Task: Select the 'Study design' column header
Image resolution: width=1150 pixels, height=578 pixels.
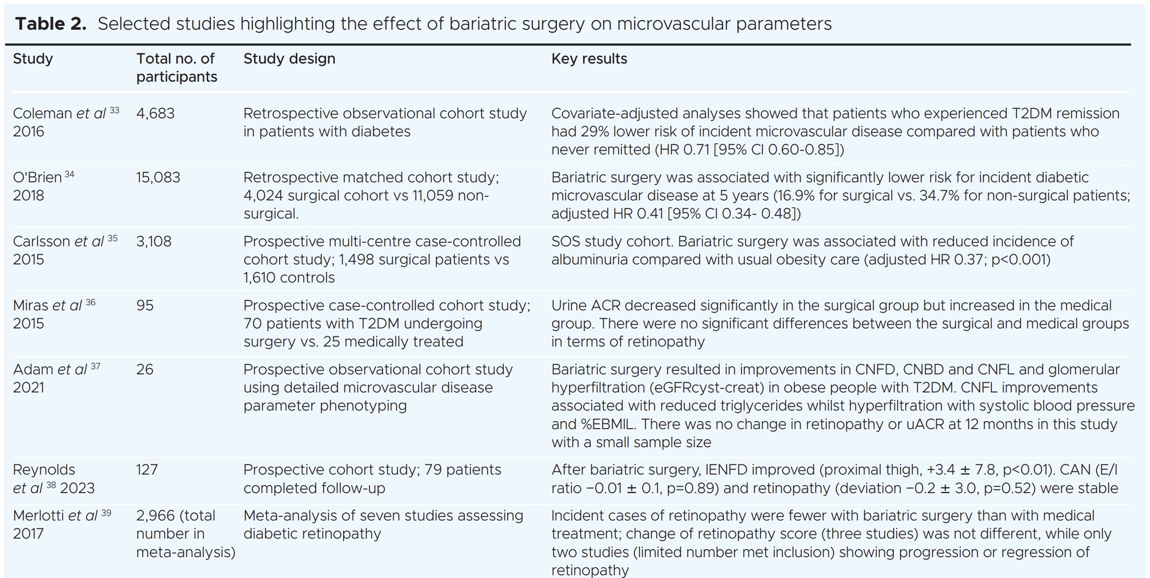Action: (289, 59)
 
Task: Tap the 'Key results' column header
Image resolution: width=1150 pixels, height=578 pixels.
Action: (589, 59)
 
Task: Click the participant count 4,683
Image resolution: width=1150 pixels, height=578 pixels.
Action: (155, 114)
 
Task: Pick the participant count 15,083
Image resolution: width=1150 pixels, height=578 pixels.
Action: (158, 178)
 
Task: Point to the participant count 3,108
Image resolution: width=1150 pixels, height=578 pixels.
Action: (154, 242)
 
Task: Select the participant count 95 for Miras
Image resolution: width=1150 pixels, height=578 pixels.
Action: (145, 306)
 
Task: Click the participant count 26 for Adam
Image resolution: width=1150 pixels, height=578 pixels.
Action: (145, 370)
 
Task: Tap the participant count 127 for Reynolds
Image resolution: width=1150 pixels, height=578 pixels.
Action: (147, 470)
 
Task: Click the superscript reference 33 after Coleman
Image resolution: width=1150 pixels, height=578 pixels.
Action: (114, 110)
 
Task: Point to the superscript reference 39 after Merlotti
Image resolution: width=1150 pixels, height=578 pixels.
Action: (106, 513)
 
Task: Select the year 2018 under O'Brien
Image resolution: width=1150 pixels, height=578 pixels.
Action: (28, 196)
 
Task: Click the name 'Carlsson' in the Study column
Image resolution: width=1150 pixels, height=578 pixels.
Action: (42, 242)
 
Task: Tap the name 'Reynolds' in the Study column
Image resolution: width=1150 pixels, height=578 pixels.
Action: (44, 470)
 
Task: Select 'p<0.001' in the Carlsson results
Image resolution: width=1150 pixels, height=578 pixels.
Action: (1020, 260)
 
